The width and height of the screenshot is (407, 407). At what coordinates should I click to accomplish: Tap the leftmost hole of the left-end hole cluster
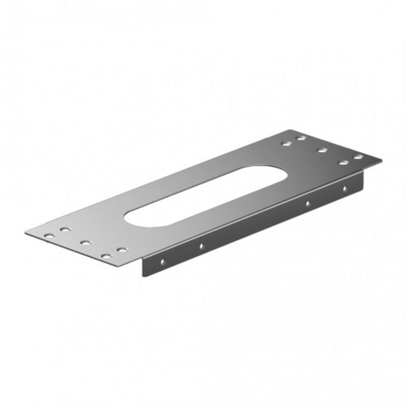coord(49,236)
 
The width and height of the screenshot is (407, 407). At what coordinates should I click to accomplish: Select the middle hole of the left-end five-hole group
coord(85,243)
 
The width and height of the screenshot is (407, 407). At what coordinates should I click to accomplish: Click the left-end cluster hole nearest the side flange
coord(121,249)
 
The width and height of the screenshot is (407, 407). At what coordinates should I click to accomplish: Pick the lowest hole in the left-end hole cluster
coord(105,256)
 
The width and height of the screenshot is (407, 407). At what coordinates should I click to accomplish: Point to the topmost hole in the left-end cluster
coord(65,230)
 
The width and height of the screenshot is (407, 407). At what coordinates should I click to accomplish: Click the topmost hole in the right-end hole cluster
coord(301,138)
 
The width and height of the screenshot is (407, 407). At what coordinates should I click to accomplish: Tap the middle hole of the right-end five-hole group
coord(322,151)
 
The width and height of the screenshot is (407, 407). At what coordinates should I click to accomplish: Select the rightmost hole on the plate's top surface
coord(358,157)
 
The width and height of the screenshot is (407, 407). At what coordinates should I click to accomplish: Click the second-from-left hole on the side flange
coord(201,246)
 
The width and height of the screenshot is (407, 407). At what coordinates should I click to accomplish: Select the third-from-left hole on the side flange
coord(308,203)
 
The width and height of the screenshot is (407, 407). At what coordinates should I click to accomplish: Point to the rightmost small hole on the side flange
coord(344,188)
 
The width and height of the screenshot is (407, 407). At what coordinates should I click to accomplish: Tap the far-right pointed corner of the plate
coord(381,160)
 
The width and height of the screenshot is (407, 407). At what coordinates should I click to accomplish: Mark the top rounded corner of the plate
coord(291,131)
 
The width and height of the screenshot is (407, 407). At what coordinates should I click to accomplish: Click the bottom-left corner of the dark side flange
coord(143,276)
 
